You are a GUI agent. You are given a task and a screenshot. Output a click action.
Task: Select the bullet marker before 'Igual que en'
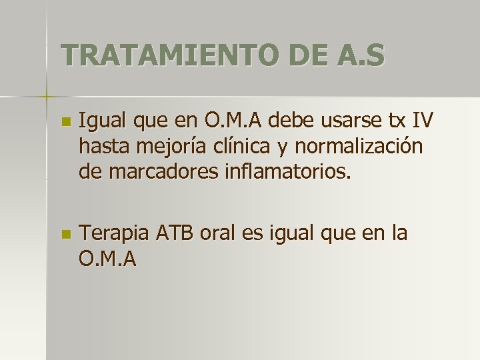tap(65, 123)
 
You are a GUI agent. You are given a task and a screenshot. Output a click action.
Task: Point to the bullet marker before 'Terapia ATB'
tap(65, 235)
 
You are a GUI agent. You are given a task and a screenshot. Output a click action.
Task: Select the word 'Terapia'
tap(113, 234)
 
